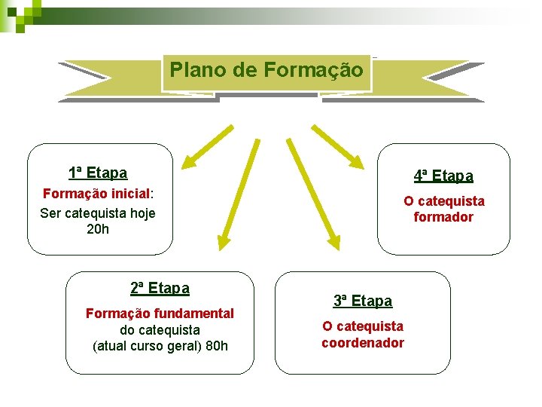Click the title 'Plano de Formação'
click(x=266, y=71)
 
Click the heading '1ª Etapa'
click(x=98, y=173)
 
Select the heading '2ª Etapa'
click(x=160, y=288)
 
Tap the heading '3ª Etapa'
click(x=363, y=301)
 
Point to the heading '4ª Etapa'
click(x=443, y=176)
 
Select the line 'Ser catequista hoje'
click(x=98, y=213)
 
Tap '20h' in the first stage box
click(x=98, y=229)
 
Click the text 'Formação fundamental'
click(x=160, y=313)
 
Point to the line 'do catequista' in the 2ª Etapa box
click(x=160, y=330)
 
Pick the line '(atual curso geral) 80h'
click(x=160, y=347)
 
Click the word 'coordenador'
click(x=363, y=343)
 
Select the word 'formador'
click(x=443, y=218)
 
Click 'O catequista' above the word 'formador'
click(x=443, y=201)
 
